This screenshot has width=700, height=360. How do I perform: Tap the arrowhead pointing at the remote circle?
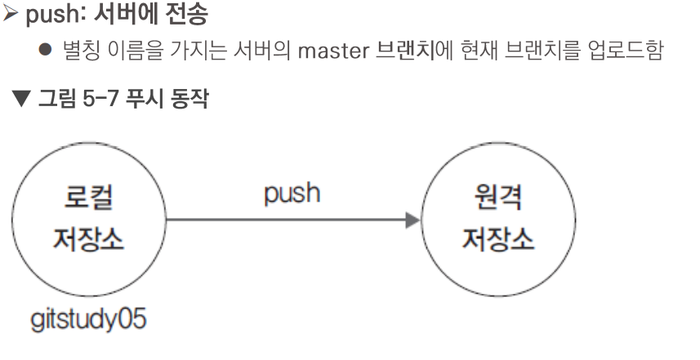412,220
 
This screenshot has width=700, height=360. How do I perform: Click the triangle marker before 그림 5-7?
19,103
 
